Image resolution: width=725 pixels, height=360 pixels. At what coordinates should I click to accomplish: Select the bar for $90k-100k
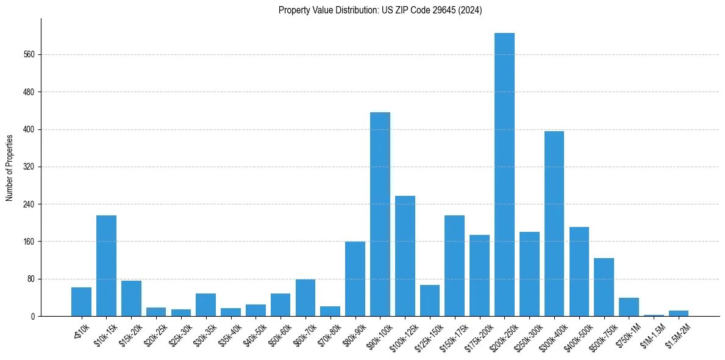[380, 214]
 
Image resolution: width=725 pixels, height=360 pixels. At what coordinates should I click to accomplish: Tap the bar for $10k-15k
[106, 265]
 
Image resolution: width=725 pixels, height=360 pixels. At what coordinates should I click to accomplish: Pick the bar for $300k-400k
[554, 223]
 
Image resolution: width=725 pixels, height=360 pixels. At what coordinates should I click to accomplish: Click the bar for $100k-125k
[405, 256]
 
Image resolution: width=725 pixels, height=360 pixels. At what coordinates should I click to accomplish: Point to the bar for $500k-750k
[604, 287]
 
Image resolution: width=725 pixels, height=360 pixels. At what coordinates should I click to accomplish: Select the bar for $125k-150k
[430, 300]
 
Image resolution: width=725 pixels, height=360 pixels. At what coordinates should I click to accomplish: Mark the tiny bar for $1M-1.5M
[654, 315]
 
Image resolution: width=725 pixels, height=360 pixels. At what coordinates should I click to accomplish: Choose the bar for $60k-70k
[305, 298]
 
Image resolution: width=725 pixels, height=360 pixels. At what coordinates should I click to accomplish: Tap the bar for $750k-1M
[629, 307]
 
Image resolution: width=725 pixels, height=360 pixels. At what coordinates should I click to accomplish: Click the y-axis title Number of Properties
[10, 167]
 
